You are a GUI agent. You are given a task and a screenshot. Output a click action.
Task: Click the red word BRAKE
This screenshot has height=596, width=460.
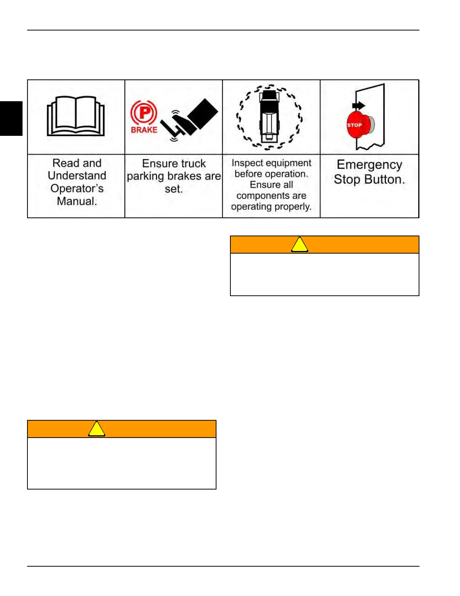coord(144,130)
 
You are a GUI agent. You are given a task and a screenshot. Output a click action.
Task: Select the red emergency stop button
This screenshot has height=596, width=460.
coord(357,125)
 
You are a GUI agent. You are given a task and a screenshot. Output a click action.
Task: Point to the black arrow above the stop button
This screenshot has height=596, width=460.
coord(359,106)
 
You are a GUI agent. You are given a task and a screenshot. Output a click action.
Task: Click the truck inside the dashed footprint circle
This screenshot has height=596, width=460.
coord(268,117)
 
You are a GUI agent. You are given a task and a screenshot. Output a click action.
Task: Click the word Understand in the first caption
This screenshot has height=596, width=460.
coord(77,176)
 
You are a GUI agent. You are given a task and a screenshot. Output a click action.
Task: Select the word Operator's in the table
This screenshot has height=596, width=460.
coord(77,189)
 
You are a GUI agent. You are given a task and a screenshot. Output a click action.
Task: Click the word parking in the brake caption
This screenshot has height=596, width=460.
coord(145,176)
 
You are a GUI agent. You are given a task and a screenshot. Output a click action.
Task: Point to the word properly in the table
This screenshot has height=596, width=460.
coord(292,207)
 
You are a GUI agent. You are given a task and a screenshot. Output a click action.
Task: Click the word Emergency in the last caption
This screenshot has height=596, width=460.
coord(369,165)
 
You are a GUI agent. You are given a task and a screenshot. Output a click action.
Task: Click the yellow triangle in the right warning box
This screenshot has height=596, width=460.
coord(300,245)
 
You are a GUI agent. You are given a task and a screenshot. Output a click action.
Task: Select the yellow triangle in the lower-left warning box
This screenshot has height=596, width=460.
coord(97,429)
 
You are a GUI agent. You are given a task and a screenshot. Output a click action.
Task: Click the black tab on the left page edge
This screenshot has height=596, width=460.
coord(11,118)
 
